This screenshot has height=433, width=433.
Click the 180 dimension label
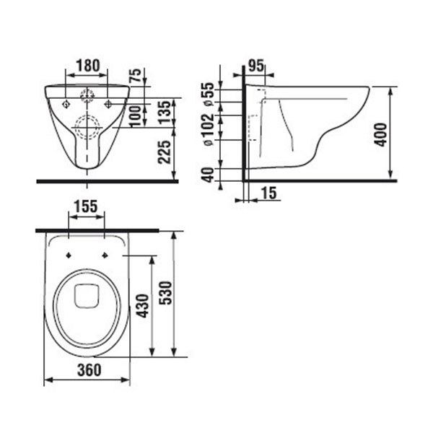[x=88, y=66]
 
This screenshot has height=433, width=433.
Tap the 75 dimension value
[x=136, y=75]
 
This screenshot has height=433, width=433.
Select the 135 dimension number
[x=165, y=112]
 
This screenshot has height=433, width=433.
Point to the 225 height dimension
[x=165, y=152]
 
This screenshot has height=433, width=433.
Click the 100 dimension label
[x=136, y=116]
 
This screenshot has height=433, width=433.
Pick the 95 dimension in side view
[x=256, y=66]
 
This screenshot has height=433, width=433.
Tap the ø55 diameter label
[x=209, y=94]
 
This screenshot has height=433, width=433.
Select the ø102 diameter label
[x=209, y=129]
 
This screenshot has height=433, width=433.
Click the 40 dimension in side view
[x=209, y=175]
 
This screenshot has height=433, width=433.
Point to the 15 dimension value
[x=268, y=193]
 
